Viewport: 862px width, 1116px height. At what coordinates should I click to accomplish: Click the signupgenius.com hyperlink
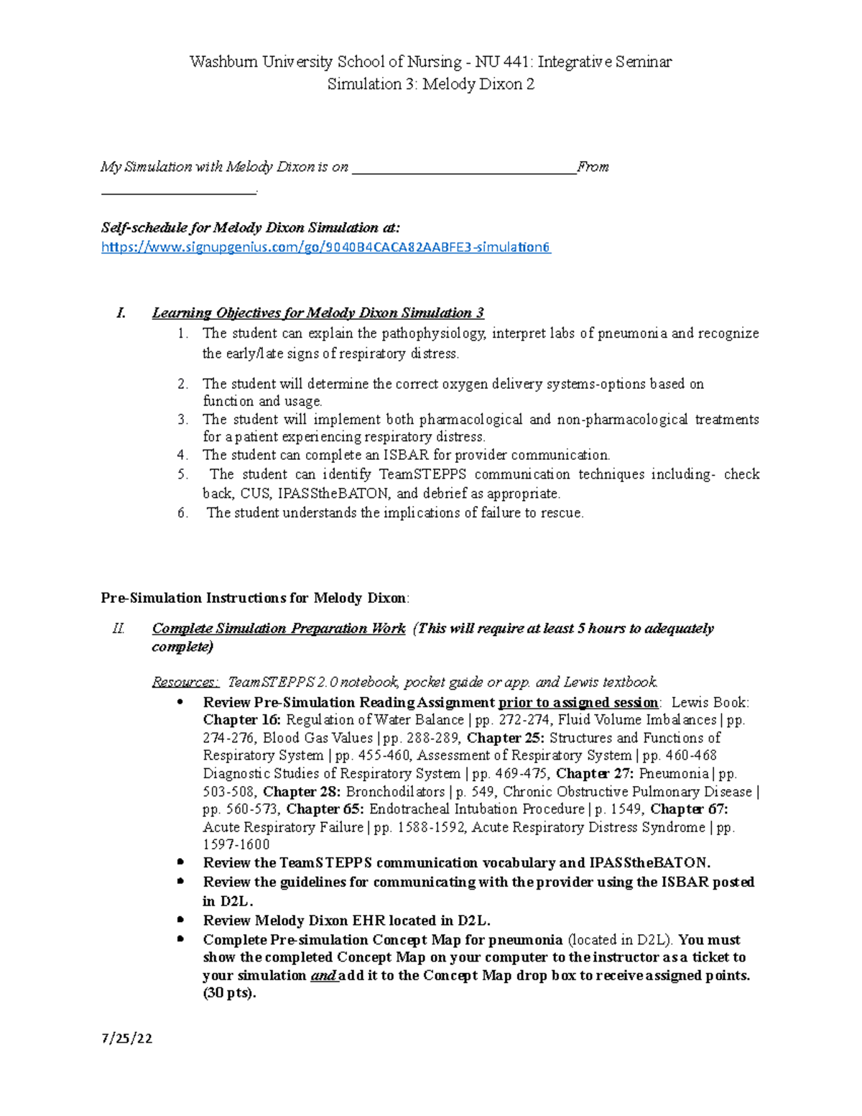325,247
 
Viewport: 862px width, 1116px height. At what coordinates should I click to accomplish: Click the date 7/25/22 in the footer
126,1038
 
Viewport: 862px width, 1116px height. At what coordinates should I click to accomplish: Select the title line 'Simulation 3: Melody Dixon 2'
430,84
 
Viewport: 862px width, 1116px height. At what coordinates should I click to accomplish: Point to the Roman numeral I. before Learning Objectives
121,313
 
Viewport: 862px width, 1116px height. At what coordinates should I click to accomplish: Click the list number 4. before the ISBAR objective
182,455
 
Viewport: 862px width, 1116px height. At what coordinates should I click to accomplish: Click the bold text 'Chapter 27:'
595,774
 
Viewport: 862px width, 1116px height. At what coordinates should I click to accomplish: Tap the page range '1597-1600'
236,845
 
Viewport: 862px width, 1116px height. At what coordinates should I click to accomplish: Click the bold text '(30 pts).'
229,994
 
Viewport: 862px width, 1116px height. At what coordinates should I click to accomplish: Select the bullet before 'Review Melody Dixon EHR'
180,920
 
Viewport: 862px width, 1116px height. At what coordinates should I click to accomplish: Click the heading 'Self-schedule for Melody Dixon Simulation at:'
251,228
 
